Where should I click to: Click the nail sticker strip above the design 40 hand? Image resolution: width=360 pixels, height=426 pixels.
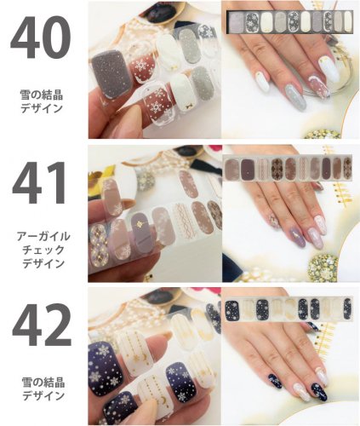point(289,20)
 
